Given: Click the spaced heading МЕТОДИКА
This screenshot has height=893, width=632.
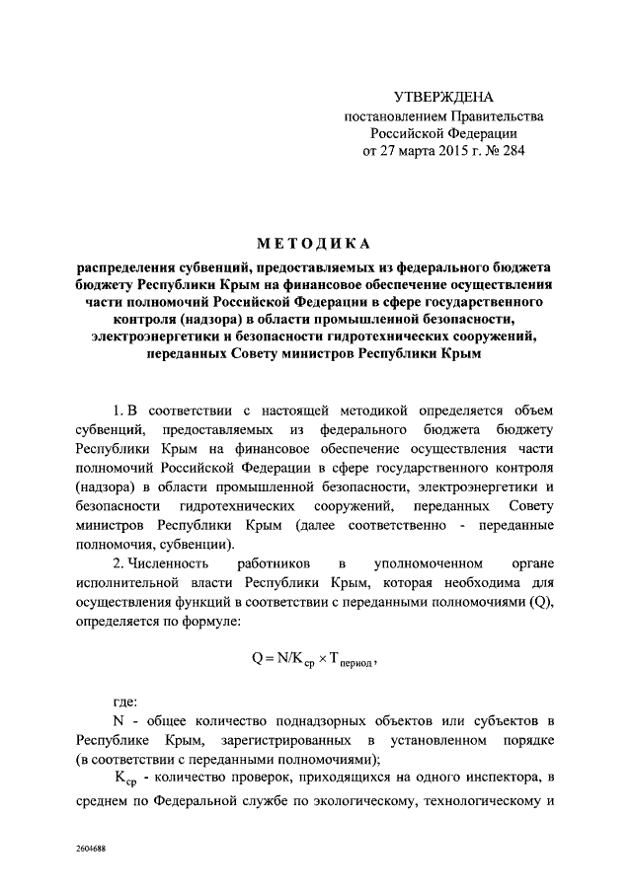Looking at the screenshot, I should pos(316,244).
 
